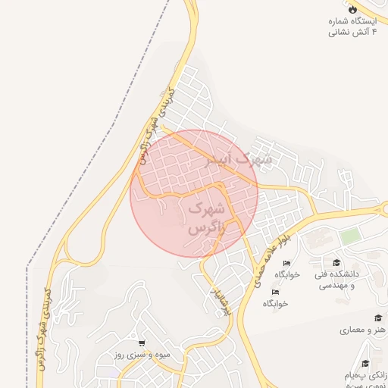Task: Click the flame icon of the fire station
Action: (x=352, y=8)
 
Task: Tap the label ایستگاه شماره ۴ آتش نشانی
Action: (x=351, y=27)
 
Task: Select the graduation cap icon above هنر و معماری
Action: (x=377, y=318)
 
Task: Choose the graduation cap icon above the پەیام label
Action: (x=366, y=365)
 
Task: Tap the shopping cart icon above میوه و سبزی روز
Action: (x=141, y=343)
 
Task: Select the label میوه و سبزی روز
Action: (x=142, y=355)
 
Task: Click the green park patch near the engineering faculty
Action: (x=349, y=236)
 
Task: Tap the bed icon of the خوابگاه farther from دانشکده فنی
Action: (x=275, y=291)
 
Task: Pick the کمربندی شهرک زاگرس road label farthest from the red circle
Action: (x=44, y=326)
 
